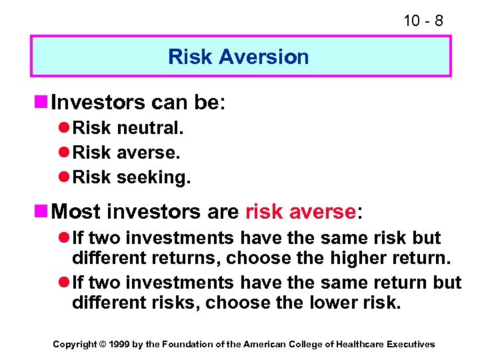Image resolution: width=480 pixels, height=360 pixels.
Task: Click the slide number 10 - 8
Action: (x=423, y=21)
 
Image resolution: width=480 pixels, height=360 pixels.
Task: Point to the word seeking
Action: (x=153, y=178)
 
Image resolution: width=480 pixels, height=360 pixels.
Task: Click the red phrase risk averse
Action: (x=301, y=212)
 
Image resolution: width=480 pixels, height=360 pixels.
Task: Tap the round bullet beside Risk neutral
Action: (x=65, y=127)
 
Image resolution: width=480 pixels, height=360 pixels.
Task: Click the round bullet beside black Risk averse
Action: (x=65, y=153)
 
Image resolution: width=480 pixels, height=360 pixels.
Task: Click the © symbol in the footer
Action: (x=102, y=345)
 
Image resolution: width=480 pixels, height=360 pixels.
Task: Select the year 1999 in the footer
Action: (x=120, y=345)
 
